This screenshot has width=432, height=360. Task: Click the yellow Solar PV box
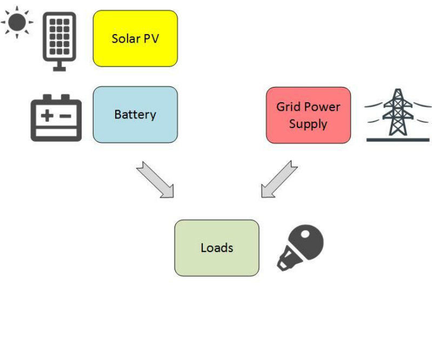tap(135, 38)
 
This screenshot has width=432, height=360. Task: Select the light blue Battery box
tap(135, 115)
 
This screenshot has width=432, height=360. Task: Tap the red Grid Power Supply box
tap(308, 115)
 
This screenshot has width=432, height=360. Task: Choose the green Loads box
tap(216, 248)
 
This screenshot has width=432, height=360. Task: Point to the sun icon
tap(17, 22)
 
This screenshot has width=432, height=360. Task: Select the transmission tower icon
tap(398, 115)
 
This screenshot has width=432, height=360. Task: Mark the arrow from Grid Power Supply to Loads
tap(279, 179)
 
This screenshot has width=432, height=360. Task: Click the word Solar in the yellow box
tap(124, 38)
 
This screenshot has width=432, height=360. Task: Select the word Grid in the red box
tap(288, 106)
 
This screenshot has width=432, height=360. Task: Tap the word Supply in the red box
tap(308, 124)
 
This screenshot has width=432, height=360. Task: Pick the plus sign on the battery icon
tap(48, 116)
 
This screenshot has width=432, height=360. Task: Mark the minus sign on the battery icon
tap(65, 116)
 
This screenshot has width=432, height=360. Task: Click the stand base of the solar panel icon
tap(59, 68)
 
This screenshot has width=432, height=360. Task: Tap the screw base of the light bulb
tap(287, 261)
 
